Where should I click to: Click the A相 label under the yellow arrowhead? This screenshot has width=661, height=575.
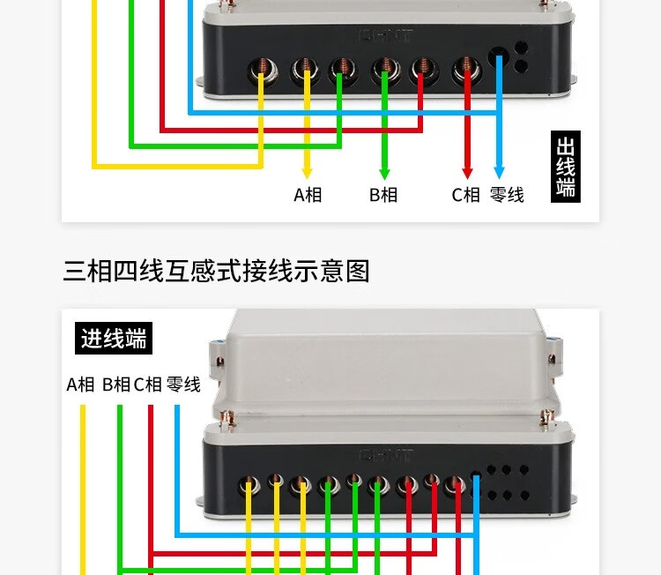[x=308, y=195]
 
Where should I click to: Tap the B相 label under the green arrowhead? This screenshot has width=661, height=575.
[x=383, y=195]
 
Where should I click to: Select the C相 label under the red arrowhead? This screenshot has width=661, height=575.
[x=466, y=195]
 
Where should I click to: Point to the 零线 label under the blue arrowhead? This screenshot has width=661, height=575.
[x=507, y=195]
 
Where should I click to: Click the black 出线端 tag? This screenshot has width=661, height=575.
[x=566, y=167]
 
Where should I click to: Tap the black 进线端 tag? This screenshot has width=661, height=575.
[x=114, y=338]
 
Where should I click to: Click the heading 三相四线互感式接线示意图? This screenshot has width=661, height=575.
[x=216, y=271]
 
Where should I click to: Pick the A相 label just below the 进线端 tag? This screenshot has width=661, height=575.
[x=80, y=385]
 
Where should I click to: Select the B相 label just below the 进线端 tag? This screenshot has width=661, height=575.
[x=116, y=385]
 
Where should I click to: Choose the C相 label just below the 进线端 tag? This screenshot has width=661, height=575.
[x=148, y=385]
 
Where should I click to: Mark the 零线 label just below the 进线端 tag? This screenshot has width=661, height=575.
[x=183, y=385]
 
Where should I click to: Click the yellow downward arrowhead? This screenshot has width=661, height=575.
[x=307, y=171]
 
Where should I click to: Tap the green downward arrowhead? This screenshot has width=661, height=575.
[x=383, y=171]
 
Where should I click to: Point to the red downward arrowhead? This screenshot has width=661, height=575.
[x=467, y=171]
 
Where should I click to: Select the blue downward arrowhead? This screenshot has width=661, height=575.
[x=499, y=171]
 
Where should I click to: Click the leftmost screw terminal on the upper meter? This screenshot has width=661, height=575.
[x=262, y=67]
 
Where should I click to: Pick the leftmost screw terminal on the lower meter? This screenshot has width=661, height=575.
[x=249, y=483]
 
